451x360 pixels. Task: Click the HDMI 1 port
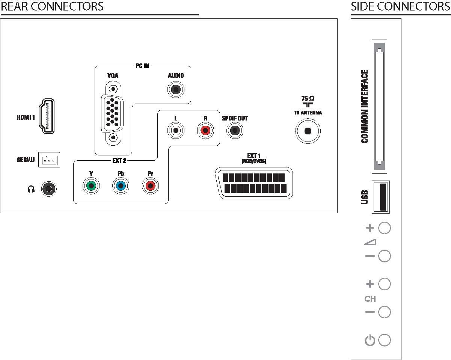[x=47, y=116]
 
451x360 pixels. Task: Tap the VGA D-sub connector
[x=113, y=113]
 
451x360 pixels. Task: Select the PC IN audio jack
[x=176, y=90]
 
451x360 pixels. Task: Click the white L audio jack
[x=176, y=130]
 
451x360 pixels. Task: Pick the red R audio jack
[x=205, y=130]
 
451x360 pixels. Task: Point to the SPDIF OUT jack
[x=235, y=130]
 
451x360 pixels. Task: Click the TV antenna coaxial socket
[x=308, y=131]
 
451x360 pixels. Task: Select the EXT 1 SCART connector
[x=254, y=183]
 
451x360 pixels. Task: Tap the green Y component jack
[x=91, y=186]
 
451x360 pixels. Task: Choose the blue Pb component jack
[x=121, y=186]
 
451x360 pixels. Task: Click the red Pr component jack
[x=150, y=186]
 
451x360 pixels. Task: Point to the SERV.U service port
[x=49, y=160]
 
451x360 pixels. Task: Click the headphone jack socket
[x=49, y=189]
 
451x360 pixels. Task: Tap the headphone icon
[x=31, y=189]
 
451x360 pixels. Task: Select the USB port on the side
[x=381, y=197]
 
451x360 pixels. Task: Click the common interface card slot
[x=379, y=107]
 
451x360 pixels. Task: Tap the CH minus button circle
[x=385, y=312]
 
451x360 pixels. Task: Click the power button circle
[x=385, y=340]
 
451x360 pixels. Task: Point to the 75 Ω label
[x=308, y=98]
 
